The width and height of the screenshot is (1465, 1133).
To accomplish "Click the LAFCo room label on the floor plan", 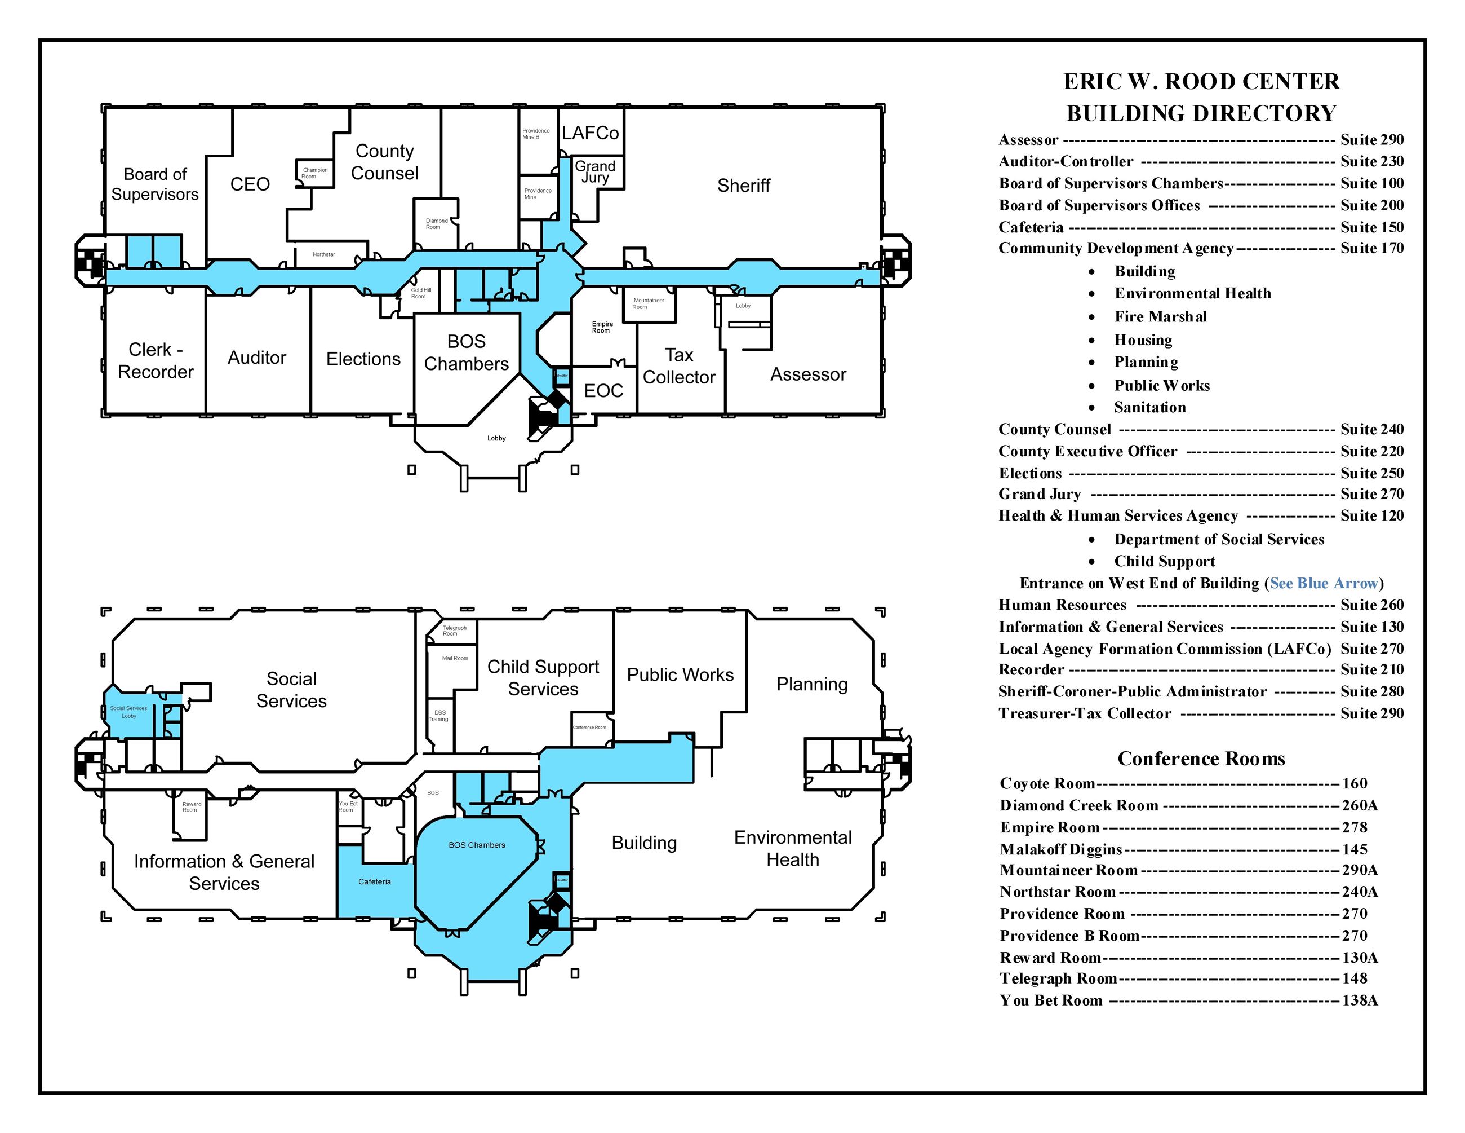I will [x=591, y=133].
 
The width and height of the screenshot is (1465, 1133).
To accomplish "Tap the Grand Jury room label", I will [x=595, y=172].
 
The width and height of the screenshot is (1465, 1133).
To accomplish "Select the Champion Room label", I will [x=314, y=173].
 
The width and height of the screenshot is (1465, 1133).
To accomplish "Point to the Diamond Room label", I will [x=436, y=223].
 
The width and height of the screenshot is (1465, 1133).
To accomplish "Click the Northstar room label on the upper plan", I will [x=323, y=254].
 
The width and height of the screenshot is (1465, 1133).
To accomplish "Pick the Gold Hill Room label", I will [x=420, y=293].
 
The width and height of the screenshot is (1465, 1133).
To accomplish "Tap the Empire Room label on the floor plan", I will [x=602, y=327].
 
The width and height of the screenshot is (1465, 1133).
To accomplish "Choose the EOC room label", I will [x=603, y=391].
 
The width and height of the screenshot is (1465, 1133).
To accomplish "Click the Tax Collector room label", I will [x=679, y=366].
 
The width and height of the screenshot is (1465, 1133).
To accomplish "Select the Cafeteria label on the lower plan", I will [x=374, y=881].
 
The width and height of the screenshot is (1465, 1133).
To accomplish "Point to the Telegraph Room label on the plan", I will [x=454, y=631].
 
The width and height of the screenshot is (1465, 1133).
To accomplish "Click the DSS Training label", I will [x=439, y=716].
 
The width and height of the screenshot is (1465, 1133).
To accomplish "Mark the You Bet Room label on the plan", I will [x=348, y=806].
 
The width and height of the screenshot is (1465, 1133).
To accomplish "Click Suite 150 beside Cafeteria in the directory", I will [x=1372, y=227].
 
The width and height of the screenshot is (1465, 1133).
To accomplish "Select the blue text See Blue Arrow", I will [x=1324, y=583].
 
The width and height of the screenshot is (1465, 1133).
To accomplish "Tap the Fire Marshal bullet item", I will [x=1161, y=316].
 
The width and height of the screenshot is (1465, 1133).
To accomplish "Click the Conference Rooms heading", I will [x=1201, y=759].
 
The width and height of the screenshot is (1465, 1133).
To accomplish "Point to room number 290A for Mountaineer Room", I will [x=1360, y=870].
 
